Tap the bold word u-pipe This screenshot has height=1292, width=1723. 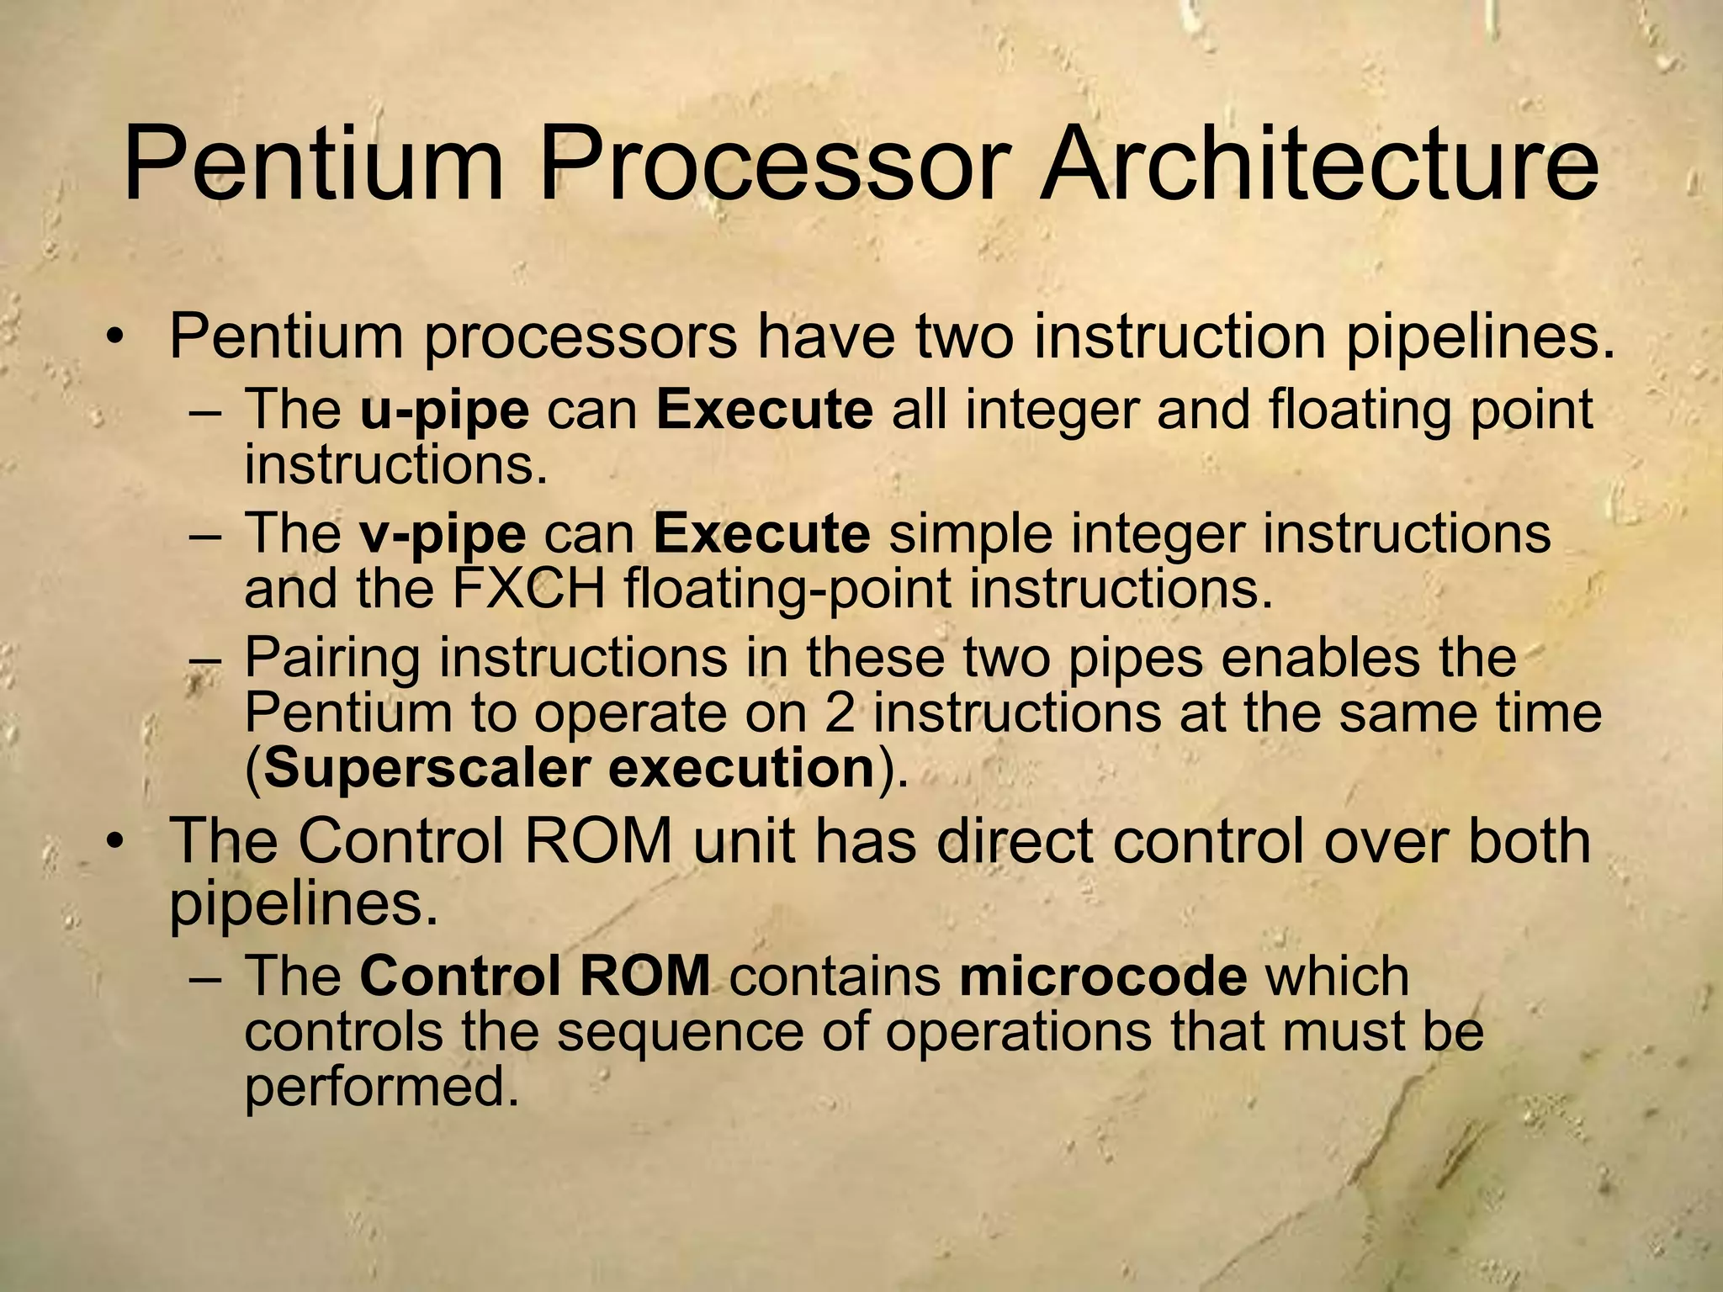pos(444,411)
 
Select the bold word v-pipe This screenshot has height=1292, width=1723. pos(443,534)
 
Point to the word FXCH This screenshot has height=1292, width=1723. pos(528,589)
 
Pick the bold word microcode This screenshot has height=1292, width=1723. pos(1102,976)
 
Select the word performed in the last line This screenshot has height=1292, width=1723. pos(380,1088)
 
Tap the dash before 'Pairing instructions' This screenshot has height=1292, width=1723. pos(204,659)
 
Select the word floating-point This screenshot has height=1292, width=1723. pos(788,589)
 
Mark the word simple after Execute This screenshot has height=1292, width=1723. pos(970,534)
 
